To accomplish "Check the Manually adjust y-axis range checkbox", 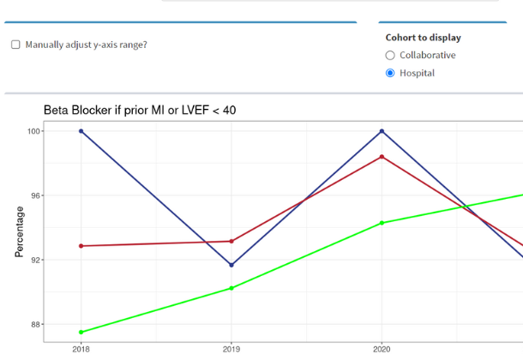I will coord(15,45).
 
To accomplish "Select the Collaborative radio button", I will coord(390,56).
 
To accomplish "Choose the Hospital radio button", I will coord(390,74).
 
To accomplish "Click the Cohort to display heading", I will coord(423,38).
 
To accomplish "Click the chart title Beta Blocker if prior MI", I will coord(140,110).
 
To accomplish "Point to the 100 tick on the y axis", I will coord(33,131).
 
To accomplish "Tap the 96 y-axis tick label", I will coord(35,195).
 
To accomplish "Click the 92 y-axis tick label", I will coord(35,260).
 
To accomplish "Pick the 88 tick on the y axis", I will coord(35,324).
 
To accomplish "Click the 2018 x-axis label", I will coord(81,349).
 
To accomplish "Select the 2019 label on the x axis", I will coord(231,349).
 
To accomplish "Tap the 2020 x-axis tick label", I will coord(382,349).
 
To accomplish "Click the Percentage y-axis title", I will coord(18,231).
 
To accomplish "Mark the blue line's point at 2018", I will coord(81,131).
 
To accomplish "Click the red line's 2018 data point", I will coord(81,246).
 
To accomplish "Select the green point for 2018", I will coord(81,332).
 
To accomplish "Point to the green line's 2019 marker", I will coord(231,288).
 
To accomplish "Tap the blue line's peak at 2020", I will coord(382,131).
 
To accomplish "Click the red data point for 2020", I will coord(382,157).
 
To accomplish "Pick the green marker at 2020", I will coord(382,223).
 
